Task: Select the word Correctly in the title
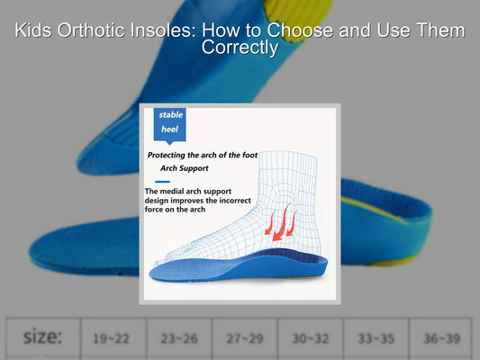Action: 240,48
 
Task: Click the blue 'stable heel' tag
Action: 170,123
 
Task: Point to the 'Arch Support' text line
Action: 184,168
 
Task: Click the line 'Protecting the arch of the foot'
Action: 202,155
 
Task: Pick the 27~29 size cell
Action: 243,338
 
